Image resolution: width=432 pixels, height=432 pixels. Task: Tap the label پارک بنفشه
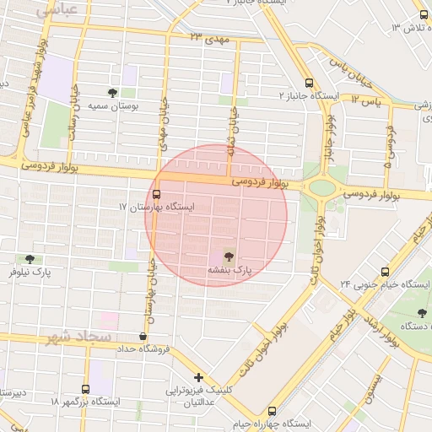coord(230,270)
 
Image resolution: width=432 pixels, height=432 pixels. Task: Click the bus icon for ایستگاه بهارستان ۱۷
coord(157,195)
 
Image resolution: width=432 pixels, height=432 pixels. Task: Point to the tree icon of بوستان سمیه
coord(113,93)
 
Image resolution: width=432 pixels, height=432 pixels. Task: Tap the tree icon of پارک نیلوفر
coord(30,259)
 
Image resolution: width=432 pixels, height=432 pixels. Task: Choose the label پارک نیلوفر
coord(30,273)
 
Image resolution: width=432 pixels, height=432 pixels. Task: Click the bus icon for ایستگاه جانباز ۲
coord(309,84)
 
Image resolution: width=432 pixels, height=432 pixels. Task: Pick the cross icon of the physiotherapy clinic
coord(198,377)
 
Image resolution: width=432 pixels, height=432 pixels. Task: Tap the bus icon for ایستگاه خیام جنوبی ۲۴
coord(385,272)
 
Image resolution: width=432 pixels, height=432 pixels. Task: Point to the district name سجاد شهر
coord(81,337)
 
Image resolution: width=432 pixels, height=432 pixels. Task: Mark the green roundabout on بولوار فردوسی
coord(321,187)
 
